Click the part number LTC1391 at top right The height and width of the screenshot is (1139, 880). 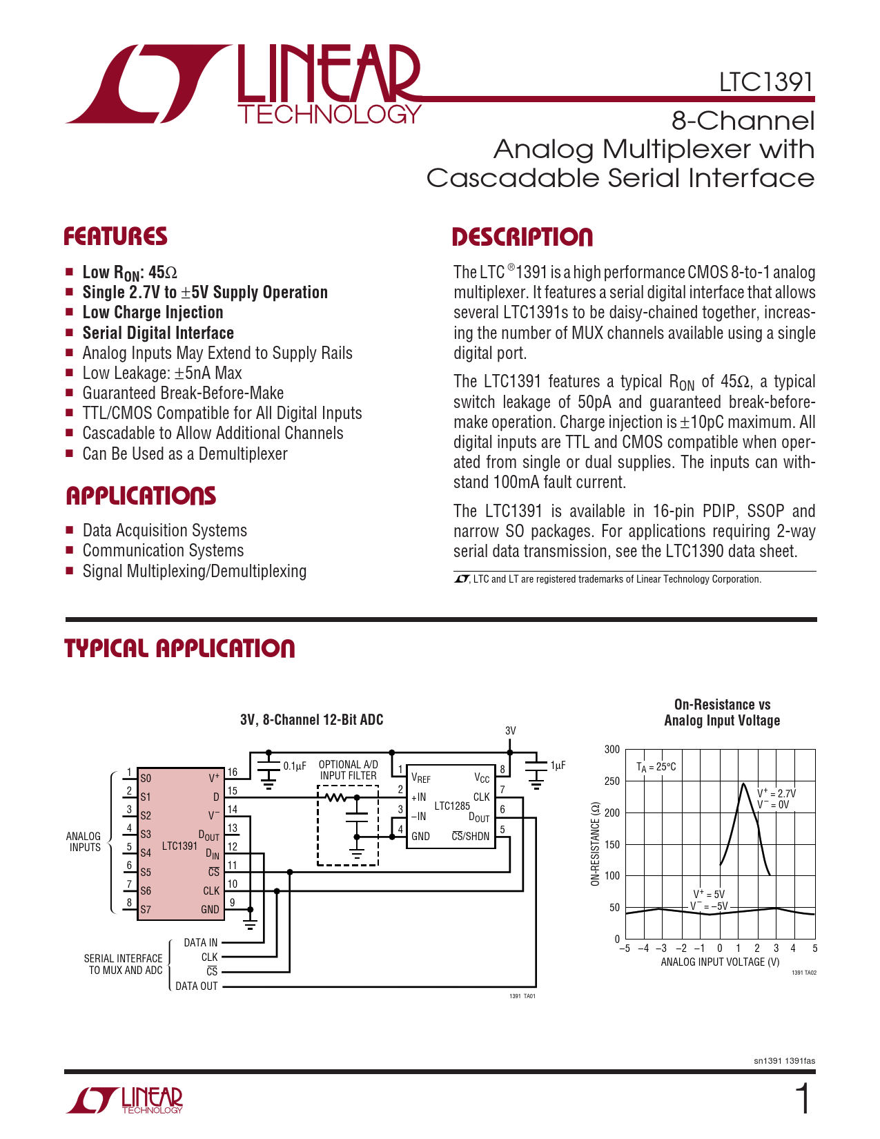[x=766, y=82]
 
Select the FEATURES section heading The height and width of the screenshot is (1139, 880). [x=116, y=236]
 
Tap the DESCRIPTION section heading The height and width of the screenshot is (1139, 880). [x=522, y=237]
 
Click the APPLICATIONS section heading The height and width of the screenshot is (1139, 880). [x=141, y=496]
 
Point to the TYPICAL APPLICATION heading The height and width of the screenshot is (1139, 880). [x=179, y=648]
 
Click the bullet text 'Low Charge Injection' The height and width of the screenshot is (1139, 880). [x=153, y=313]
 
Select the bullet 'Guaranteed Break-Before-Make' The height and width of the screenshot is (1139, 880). [x=183, y=393]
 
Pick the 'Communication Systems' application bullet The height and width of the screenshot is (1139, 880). [x=163, y=550]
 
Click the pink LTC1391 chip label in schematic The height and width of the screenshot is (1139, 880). [x=179, y=846]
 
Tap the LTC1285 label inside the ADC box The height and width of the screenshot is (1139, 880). [x=452, y=806]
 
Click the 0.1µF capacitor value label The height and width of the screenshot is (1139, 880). [x=295, y=766]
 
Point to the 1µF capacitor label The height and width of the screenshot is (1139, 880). [x=558, y=766]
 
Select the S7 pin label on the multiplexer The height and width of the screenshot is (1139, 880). [x=145, y=909]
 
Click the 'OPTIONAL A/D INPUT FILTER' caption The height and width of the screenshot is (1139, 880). [x=348, y=770]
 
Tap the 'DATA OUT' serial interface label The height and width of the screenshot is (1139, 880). [x=197, y=986]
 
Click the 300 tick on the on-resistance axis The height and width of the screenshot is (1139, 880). [x=612, y=749]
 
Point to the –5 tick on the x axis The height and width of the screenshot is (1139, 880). [x=624, y=948]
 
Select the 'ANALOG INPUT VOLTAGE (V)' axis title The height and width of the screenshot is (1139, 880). [x=720, y=962]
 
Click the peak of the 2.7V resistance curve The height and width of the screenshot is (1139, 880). [x=743, y=784]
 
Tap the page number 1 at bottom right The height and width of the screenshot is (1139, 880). [x=803, y=1099]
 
